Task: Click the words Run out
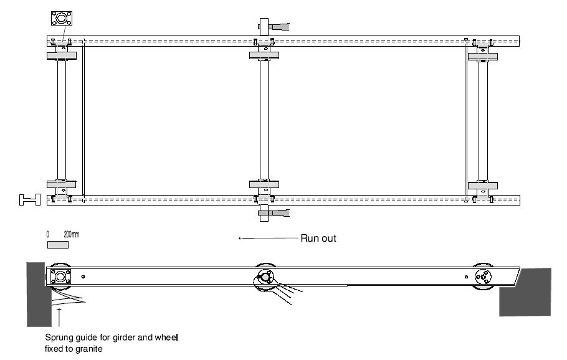tap(318, 238)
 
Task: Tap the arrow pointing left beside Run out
tap(268, 238)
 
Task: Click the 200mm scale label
tap(72, 234)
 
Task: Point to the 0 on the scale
tap(48, 234)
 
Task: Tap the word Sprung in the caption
tap(59, 338)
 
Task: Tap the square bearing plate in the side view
tap(60, 276)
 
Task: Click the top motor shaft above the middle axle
tap(275, 26)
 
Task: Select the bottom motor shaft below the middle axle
tap(275, 213)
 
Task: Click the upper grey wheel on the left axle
tap(61, 55)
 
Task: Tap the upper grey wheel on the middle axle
tap(264, 55)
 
